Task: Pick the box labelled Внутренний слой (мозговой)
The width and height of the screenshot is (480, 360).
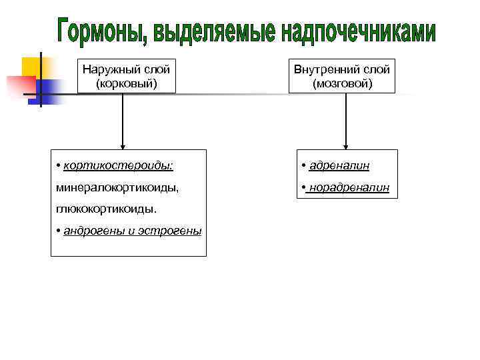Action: coord(342,76)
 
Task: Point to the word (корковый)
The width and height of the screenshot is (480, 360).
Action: coord(126,83)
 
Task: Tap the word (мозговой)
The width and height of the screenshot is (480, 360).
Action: coord(342,83)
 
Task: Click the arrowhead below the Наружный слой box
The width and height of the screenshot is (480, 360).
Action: coord(122,147)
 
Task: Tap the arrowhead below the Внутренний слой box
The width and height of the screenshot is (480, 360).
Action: coord(345,147)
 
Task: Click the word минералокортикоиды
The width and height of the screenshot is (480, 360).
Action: coord(117,187)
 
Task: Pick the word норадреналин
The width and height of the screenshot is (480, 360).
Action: coord(348,188)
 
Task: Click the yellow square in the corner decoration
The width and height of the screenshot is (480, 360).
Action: coord(31,67)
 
